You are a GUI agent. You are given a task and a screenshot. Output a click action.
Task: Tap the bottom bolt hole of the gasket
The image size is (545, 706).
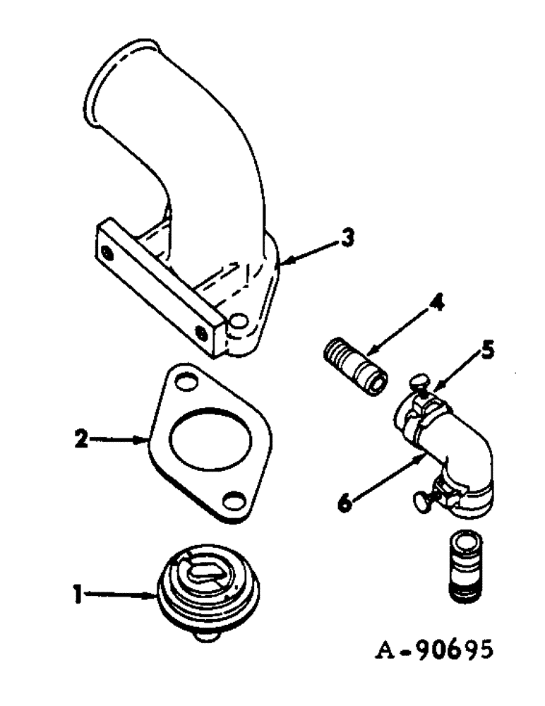(x=231, y=501)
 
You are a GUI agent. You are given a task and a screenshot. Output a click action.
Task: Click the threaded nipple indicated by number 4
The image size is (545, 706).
(x=356, y=363)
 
